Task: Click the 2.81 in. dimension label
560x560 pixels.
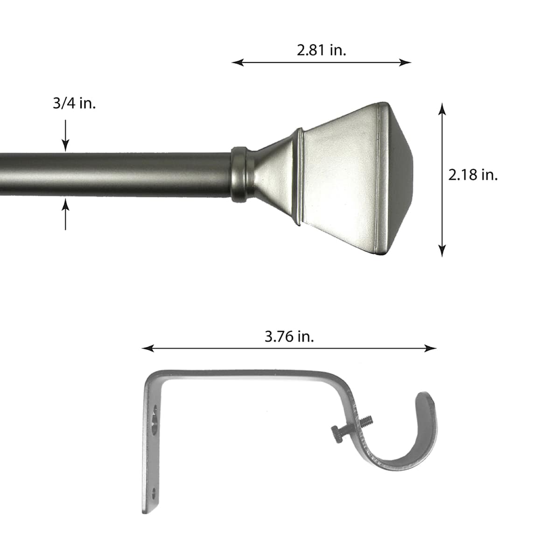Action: [322, 50]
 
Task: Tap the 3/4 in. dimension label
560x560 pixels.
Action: [74, 104]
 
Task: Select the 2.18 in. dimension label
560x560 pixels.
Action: [473, 175]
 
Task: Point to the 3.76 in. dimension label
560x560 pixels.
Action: [289, 336]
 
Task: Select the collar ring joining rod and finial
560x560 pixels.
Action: [238, 174]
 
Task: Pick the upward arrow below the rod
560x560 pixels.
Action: [65, 212]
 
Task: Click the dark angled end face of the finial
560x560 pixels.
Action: [399, 177]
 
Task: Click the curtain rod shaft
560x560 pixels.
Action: [117, 175]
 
